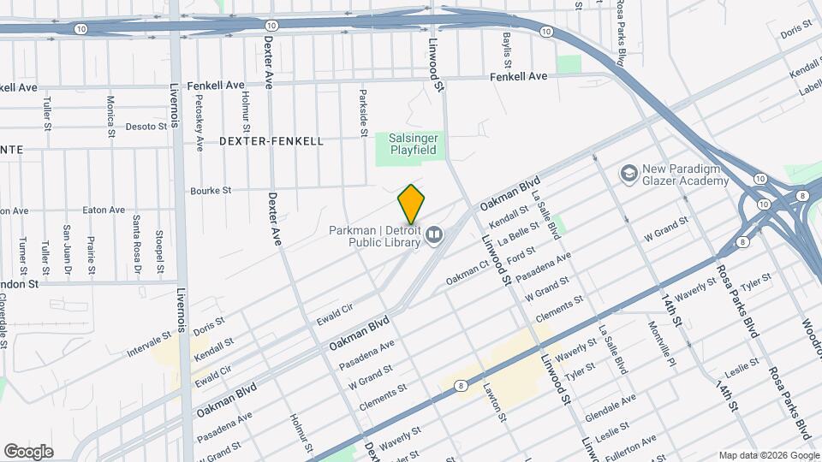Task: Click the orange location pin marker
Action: click(412, 204)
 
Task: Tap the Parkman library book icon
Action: click(434, 234)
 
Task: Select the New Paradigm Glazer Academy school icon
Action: click(631, 173)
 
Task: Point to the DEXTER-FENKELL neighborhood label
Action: click(271, 141)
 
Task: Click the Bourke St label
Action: click(211, 191)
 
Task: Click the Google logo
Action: click(28, 452)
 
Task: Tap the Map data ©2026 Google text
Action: click(767, 454)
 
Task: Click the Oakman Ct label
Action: click(468, 275)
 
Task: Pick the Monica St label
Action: click(111, 115)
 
